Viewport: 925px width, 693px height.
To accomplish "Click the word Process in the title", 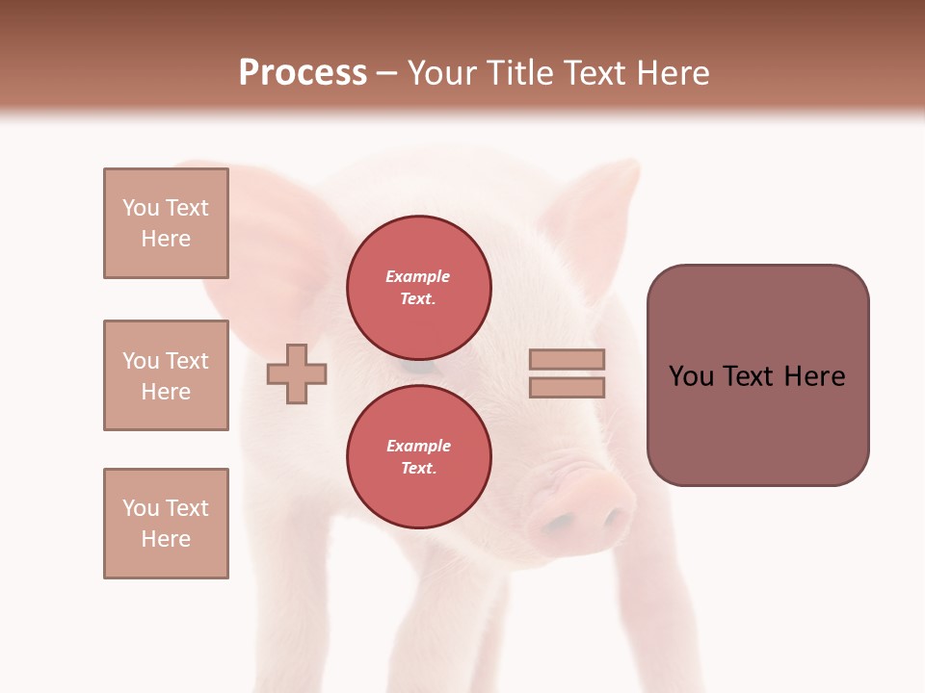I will pos(303,72).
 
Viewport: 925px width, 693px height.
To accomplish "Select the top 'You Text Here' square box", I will pos(166,223).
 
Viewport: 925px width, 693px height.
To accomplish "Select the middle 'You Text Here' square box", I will pos(166,375).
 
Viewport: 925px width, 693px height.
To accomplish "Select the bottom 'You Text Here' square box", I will pos(166,524).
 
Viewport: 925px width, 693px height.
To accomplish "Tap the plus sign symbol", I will pos(297,372).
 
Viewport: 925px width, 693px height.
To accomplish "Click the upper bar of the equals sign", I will pos(567,359).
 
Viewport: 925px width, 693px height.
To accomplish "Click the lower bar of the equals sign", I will pos(567,387).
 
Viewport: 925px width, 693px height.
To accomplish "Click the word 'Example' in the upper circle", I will pos(417,276).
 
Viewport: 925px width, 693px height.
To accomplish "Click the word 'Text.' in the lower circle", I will pos(418,468).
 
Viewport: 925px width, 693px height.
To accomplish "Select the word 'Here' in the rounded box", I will pos(814,376).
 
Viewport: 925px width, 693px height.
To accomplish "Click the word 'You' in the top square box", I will pos(141,208).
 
